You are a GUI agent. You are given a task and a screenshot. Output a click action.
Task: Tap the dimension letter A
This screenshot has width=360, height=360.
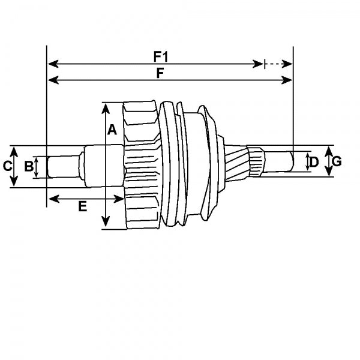coord(112,128)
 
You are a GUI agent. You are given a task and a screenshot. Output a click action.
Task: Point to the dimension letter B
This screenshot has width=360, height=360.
coord(28,166)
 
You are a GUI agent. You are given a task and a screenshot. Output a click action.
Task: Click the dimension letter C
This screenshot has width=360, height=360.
coord(7,166)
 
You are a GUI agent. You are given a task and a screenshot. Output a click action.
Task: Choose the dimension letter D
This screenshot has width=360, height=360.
coord(313,161)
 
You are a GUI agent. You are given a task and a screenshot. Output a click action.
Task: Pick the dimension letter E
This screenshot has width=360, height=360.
coord(83,206)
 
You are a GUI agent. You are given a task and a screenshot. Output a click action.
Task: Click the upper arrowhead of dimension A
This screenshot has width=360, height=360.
coord(106,107)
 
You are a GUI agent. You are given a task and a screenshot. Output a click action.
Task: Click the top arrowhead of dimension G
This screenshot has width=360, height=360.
coord(328,150)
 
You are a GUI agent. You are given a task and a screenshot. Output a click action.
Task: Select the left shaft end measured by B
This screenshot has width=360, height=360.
coord(63,166)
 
